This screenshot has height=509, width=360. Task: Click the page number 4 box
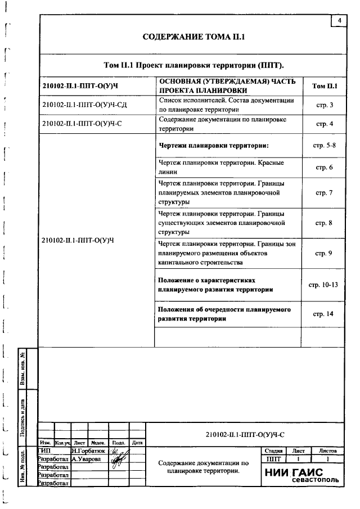click(339, 21)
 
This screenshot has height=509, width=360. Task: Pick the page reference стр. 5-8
click(324, 146)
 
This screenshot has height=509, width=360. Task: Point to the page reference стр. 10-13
click(323, 285)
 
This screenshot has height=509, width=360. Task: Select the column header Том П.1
click(324, 86)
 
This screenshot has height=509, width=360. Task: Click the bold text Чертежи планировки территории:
click(214, 146)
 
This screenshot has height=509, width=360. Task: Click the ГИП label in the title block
click(44, 451)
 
